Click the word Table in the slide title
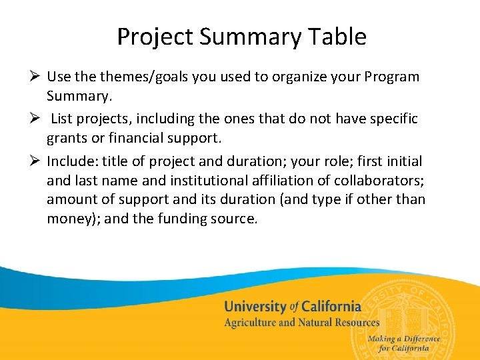[x=335, y=37]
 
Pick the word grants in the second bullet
[x=68, y=139]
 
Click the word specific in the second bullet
[x=389, y=119]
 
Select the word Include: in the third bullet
[x=72, y=161]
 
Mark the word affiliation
[x=287, y=180]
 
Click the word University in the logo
[x=254, y=307]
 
